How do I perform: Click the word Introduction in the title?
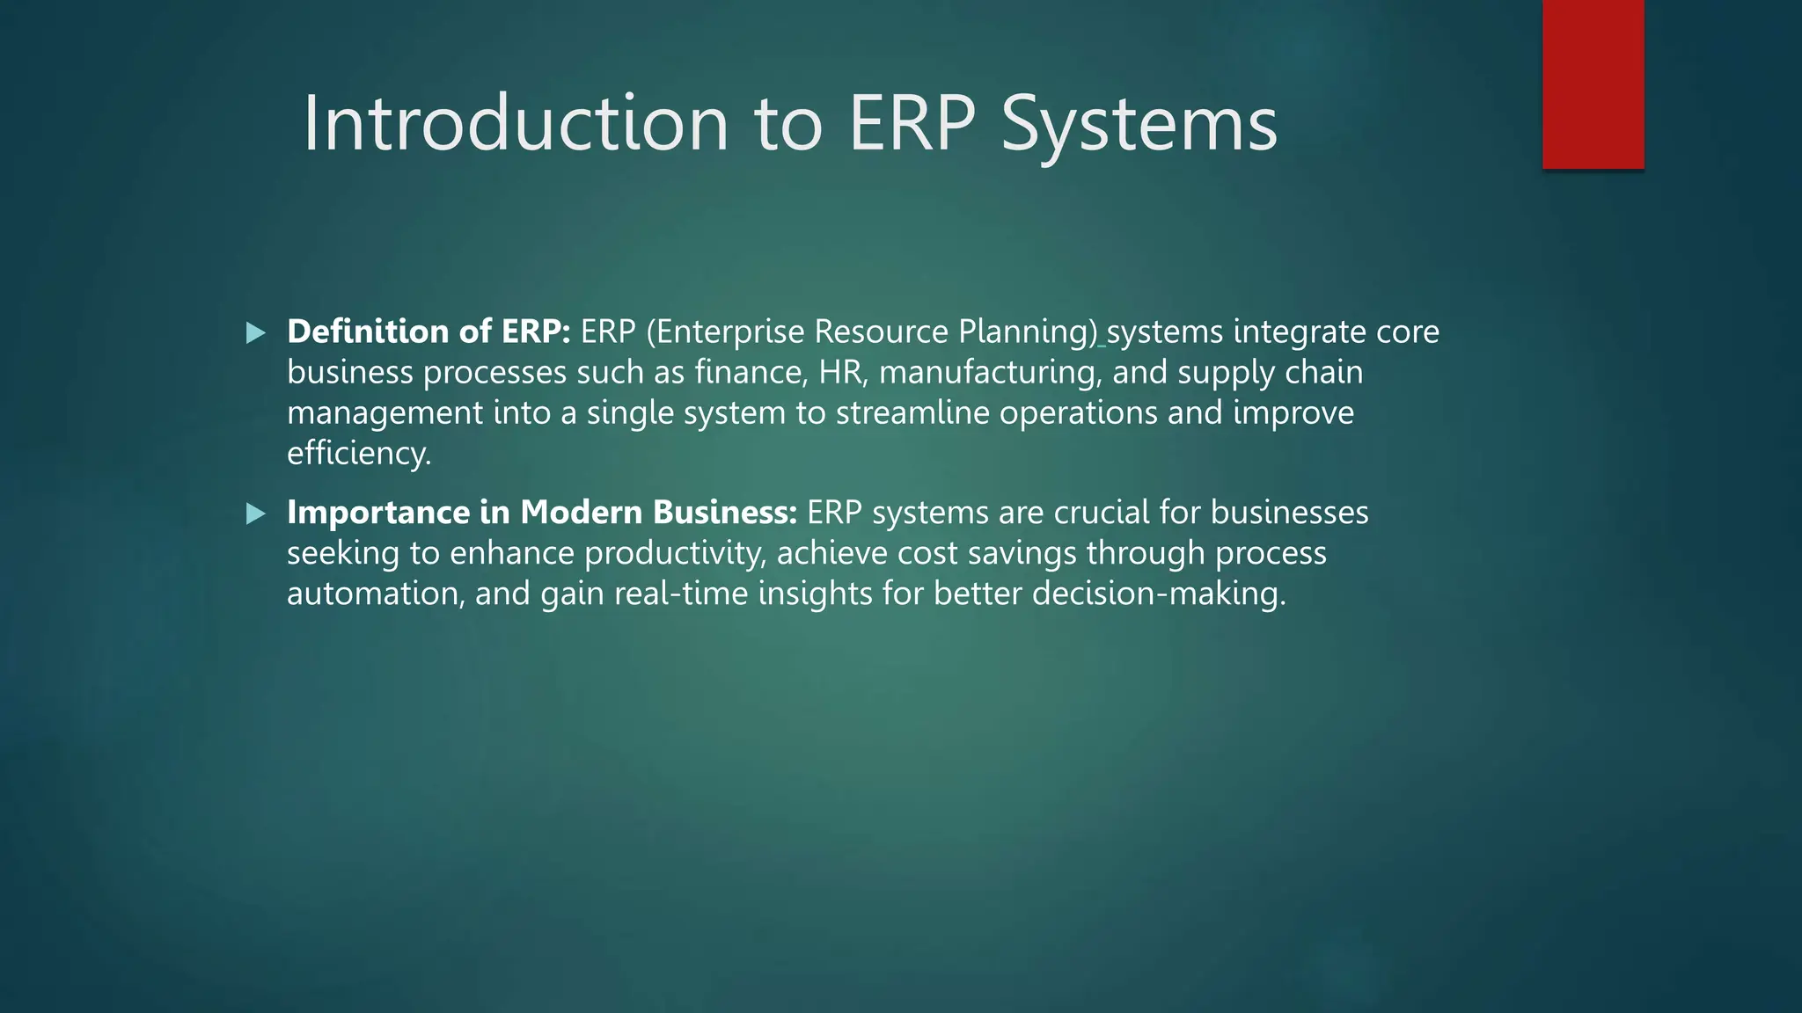click(516, 124)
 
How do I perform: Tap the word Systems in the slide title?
click(1139, 124)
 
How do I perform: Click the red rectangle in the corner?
click(1593, 84)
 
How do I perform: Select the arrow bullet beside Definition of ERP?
click(256, 333)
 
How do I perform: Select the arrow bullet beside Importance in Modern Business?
click(256, 514)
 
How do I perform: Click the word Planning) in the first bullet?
click(1028, 332)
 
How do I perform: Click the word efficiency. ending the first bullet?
click(359, 454)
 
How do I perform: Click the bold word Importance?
click(378, 513)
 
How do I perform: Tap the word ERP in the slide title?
click(912, 124)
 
